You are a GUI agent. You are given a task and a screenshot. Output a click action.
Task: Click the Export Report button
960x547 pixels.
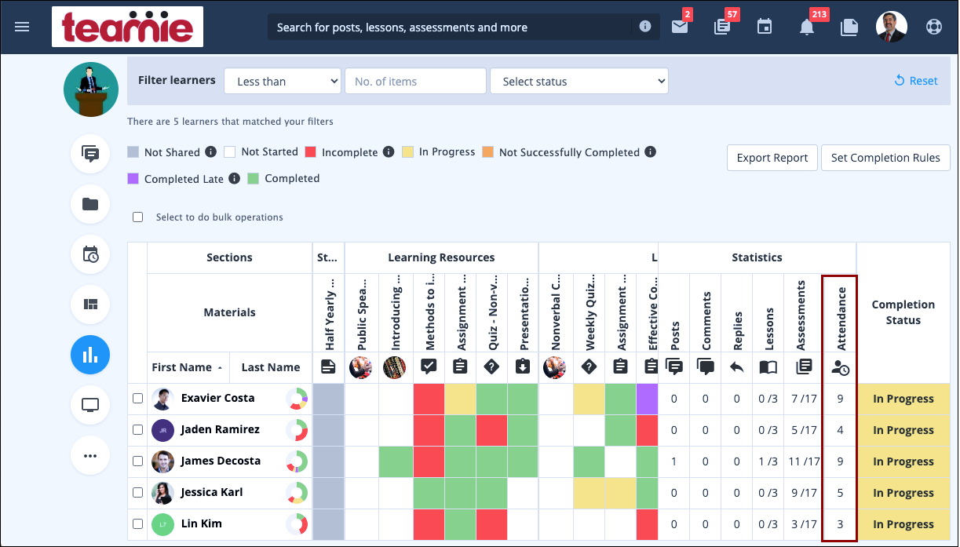tap(772, 158)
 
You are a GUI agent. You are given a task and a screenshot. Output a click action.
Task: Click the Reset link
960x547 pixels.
tap(916, 81)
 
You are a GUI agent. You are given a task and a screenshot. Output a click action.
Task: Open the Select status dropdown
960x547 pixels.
tap(579, 82)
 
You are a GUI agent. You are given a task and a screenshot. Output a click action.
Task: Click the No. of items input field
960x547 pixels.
tap(415, 82)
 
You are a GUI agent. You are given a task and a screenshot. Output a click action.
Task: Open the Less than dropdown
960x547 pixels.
tap(283, 82)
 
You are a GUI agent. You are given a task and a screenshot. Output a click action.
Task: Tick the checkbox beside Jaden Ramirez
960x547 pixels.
tap(138, 430)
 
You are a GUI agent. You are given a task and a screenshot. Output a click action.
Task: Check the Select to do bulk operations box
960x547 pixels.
tap(138, 217)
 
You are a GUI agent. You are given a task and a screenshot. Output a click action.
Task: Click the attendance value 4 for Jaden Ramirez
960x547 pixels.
tap(840, 430)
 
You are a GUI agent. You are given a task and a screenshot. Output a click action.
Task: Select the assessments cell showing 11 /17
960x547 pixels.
tap(803, 461)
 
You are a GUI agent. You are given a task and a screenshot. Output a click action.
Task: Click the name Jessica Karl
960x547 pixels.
tap(211, 492)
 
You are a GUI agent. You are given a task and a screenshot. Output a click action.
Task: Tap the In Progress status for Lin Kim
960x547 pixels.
tap(903, 524)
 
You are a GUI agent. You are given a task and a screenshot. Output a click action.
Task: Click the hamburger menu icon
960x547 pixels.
tap(22, 27)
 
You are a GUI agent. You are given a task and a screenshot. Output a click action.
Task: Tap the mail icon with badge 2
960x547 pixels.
tap(679, 27)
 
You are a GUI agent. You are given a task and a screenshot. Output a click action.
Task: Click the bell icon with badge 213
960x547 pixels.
tap(806, 27)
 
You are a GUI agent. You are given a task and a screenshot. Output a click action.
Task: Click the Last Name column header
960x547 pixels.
tap(270, 367)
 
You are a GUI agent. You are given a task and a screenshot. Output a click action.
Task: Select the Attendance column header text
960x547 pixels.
tap(841, 319)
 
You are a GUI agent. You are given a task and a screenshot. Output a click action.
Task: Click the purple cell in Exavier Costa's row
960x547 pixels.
tap(647, 399)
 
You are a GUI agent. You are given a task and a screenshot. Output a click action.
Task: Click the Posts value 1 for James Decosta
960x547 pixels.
tap(673, 461)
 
